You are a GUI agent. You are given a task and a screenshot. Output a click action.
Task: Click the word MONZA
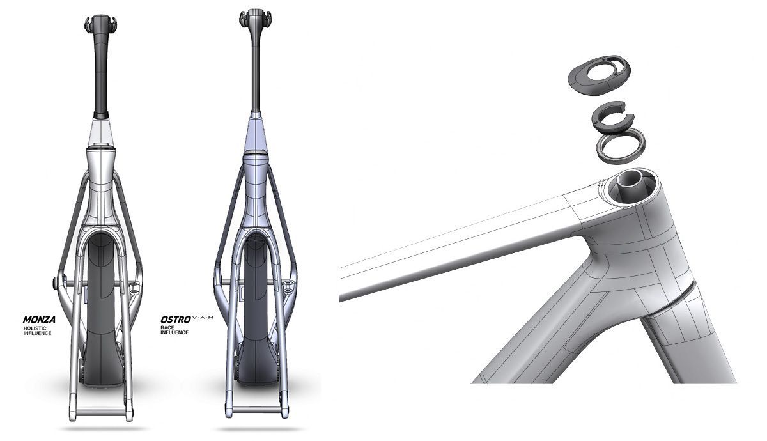point(39,320)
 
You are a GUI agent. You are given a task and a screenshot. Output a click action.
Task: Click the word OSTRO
point(176,320)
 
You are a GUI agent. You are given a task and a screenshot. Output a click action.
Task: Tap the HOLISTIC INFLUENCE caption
point(37,331)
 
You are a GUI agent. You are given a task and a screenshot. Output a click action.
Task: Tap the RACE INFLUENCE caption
point(174,330)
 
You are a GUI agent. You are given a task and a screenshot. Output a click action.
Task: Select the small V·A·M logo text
point(203,318)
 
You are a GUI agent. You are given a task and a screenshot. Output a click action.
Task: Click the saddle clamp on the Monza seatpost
point(101,24)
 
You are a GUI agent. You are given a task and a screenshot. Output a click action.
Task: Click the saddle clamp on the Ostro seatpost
point(255,19)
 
